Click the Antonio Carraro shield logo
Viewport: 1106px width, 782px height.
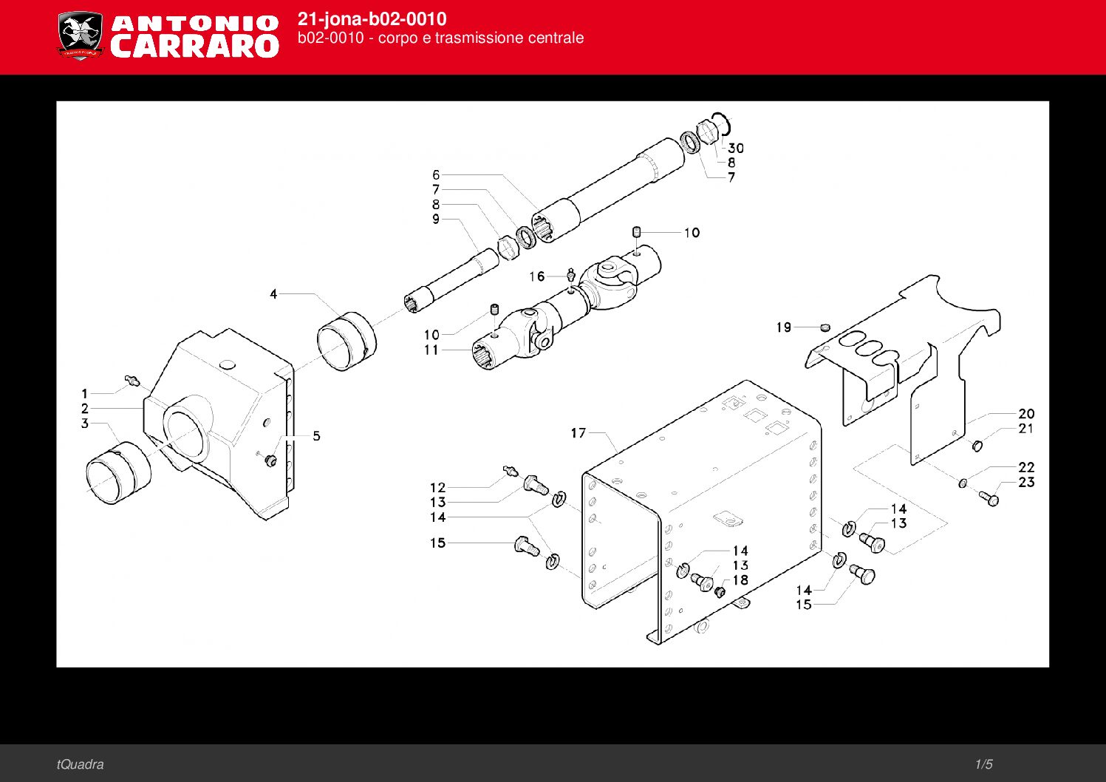tap(81, 36)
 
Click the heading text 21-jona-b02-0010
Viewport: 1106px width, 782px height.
tap(372, 19)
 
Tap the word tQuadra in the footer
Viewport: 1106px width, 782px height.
tap(80, 764)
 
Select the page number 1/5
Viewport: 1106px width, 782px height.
tap(983, 764)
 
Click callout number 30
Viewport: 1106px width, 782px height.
tap(736, 149)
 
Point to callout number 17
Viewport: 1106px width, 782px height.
tap(578, 433)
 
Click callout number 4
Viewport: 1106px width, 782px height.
tap(273, 294)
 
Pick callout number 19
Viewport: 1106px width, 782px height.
tap(784, 327)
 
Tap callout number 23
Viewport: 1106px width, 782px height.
tap(1026, 482)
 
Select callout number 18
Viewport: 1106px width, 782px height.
tap(740, 580)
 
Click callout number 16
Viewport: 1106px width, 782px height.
tap(536, 276)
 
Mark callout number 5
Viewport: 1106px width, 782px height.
tap(316, 435)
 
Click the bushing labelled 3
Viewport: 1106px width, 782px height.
tap(118, 473)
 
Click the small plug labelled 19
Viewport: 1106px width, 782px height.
tap(825, 327)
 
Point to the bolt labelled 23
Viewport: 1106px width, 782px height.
tap(989, 498)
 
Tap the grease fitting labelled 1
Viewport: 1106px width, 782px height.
tap(132, 380)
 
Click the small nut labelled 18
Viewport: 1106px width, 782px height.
tap(720, 591)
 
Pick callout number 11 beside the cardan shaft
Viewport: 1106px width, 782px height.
tap(431, 350)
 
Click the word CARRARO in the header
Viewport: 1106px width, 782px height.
tap(194, 47)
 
